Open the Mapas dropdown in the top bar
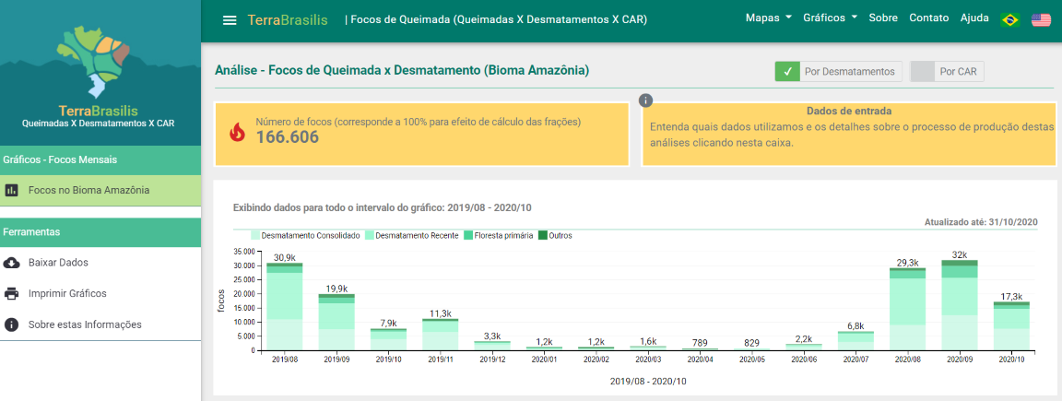click(769, 18)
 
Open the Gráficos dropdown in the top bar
click(830, 18)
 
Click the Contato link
click(928, 18)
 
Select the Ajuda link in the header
click(974, 18)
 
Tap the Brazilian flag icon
click(1010, 19)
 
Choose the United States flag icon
click(1042, 19)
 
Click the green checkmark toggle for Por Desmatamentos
click(786, 71)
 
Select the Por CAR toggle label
click(959, 71)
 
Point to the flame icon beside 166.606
click(238, 132)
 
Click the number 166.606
click(287, 138)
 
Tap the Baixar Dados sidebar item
click(58, 263)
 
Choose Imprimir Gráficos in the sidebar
click(67, 294)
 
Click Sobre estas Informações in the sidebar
click(85, 324)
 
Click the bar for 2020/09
click(959, 306)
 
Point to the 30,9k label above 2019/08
click(284, 257)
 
